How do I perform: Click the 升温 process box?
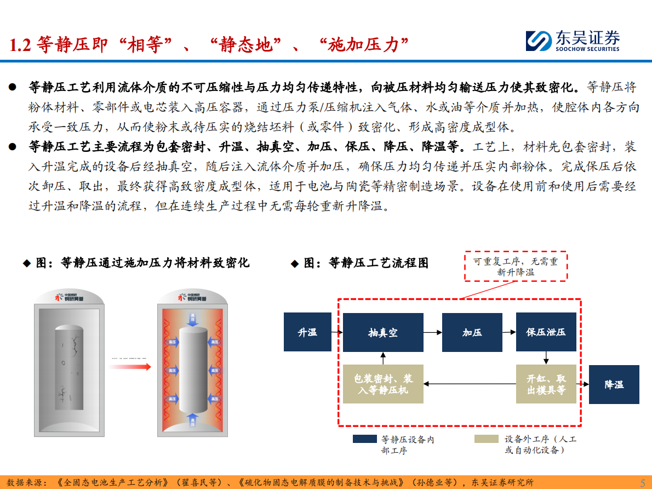point(307,332)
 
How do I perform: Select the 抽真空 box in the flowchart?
point(383,332)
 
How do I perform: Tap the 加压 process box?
point(472,332)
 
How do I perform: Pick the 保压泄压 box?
point(546,332)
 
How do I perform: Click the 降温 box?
point(614,384)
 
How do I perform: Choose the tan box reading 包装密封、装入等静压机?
point(383,384)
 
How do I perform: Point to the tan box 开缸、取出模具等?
point(546,384)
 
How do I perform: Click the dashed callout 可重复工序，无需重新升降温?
point(516,266)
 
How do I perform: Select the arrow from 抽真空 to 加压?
point(432,332)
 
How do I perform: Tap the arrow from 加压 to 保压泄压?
point(509,332)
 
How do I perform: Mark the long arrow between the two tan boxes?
point(470,384)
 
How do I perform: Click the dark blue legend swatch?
point(364,439)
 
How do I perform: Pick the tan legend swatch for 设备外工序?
point(487,439)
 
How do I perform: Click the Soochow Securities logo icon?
point(539,41)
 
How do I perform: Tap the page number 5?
point(643,482)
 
